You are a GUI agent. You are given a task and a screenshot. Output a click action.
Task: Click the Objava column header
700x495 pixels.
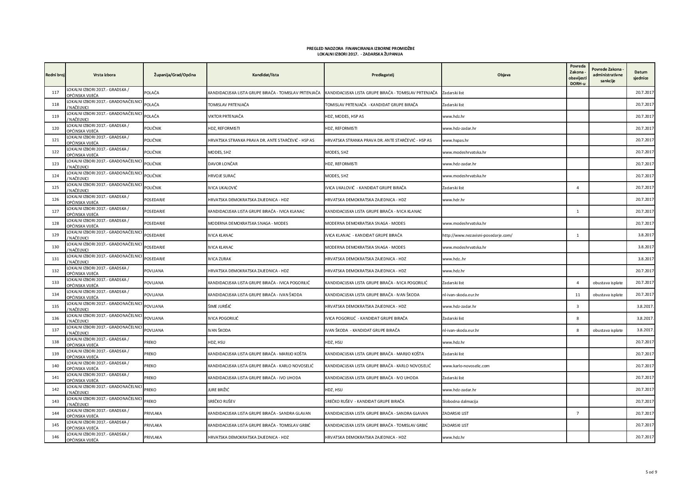click(504, 75)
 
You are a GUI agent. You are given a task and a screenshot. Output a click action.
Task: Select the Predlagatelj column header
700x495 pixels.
click(383, 75)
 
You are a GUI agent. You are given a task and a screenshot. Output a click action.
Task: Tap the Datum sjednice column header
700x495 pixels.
click(641, 75)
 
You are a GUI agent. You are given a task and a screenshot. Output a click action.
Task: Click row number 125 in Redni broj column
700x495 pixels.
click(55, 188)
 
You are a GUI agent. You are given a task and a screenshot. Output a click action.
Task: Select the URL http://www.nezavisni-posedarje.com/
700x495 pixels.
click(477, 235)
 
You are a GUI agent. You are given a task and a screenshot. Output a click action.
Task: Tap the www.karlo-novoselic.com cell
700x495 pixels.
click(466, 366)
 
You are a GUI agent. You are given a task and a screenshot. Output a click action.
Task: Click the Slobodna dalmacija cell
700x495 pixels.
click(460, 401)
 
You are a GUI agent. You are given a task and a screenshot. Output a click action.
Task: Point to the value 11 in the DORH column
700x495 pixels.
click(577, 295)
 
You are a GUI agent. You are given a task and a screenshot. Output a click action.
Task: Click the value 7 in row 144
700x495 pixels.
click(577, 413)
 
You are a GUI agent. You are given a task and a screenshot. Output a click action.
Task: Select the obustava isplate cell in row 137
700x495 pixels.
click(607, 330)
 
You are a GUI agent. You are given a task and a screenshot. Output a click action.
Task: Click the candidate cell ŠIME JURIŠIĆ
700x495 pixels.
click(220, 306)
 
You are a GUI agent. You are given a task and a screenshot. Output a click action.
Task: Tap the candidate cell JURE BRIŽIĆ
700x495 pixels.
click(218, 389)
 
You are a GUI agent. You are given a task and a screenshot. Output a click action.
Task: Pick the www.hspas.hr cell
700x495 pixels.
click(455, 140)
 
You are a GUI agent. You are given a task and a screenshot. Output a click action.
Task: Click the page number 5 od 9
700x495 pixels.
click(651, 472)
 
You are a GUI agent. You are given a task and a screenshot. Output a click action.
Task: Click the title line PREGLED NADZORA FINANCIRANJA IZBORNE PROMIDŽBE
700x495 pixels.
click(360, 48)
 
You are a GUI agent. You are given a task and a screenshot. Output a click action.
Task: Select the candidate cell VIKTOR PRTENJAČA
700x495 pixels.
click(225, 116)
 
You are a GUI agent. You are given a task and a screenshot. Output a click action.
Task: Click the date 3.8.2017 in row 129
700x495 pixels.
click(645, 235)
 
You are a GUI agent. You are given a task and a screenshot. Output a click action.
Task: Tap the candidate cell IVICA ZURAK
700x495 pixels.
click(219, 259)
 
